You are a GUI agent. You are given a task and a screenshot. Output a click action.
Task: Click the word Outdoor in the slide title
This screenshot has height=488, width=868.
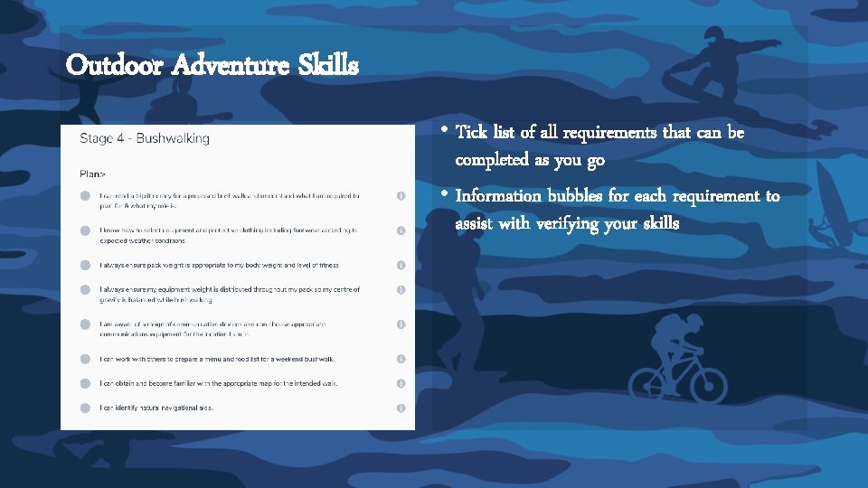pos(113,65)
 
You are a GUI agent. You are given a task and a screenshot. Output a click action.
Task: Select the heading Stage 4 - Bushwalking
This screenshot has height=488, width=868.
pos(145,138)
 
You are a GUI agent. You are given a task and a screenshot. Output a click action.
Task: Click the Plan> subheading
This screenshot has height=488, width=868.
pos(93,172)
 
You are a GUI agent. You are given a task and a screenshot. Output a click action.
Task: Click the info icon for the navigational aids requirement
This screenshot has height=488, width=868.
pos(401,408)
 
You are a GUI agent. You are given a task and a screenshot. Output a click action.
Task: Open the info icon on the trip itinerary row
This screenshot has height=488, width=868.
pos(401,195)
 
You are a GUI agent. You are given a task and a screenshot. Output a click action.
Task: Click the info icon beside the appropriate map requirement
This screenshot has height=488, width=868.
pos(401,383)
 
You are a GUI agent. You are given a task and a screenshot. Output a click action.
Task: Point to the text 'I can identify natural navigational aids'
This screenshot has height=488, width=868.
pos(156,408)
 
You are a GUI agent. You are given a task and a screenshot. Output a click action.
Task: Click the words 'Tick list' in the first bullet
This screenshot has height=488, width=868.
pos(488,133)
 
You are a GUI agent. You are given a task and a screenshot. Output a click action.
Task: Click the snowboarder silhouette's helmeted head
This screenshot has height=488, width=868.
pos(714,36)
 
